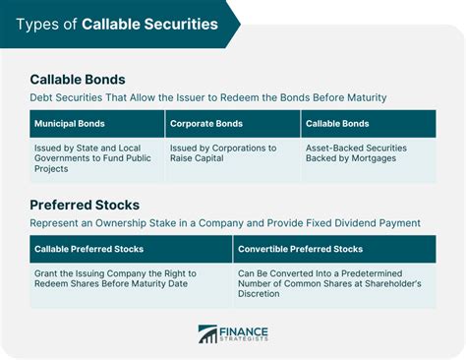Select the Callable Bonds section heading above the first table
click(77, 79)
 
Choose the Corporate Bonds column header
click(207, 124)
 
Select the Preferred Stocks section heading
click(83, 205)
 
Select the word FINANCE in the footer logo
click(246, 330)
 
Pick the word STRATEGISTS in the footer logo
click(246, 340)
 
